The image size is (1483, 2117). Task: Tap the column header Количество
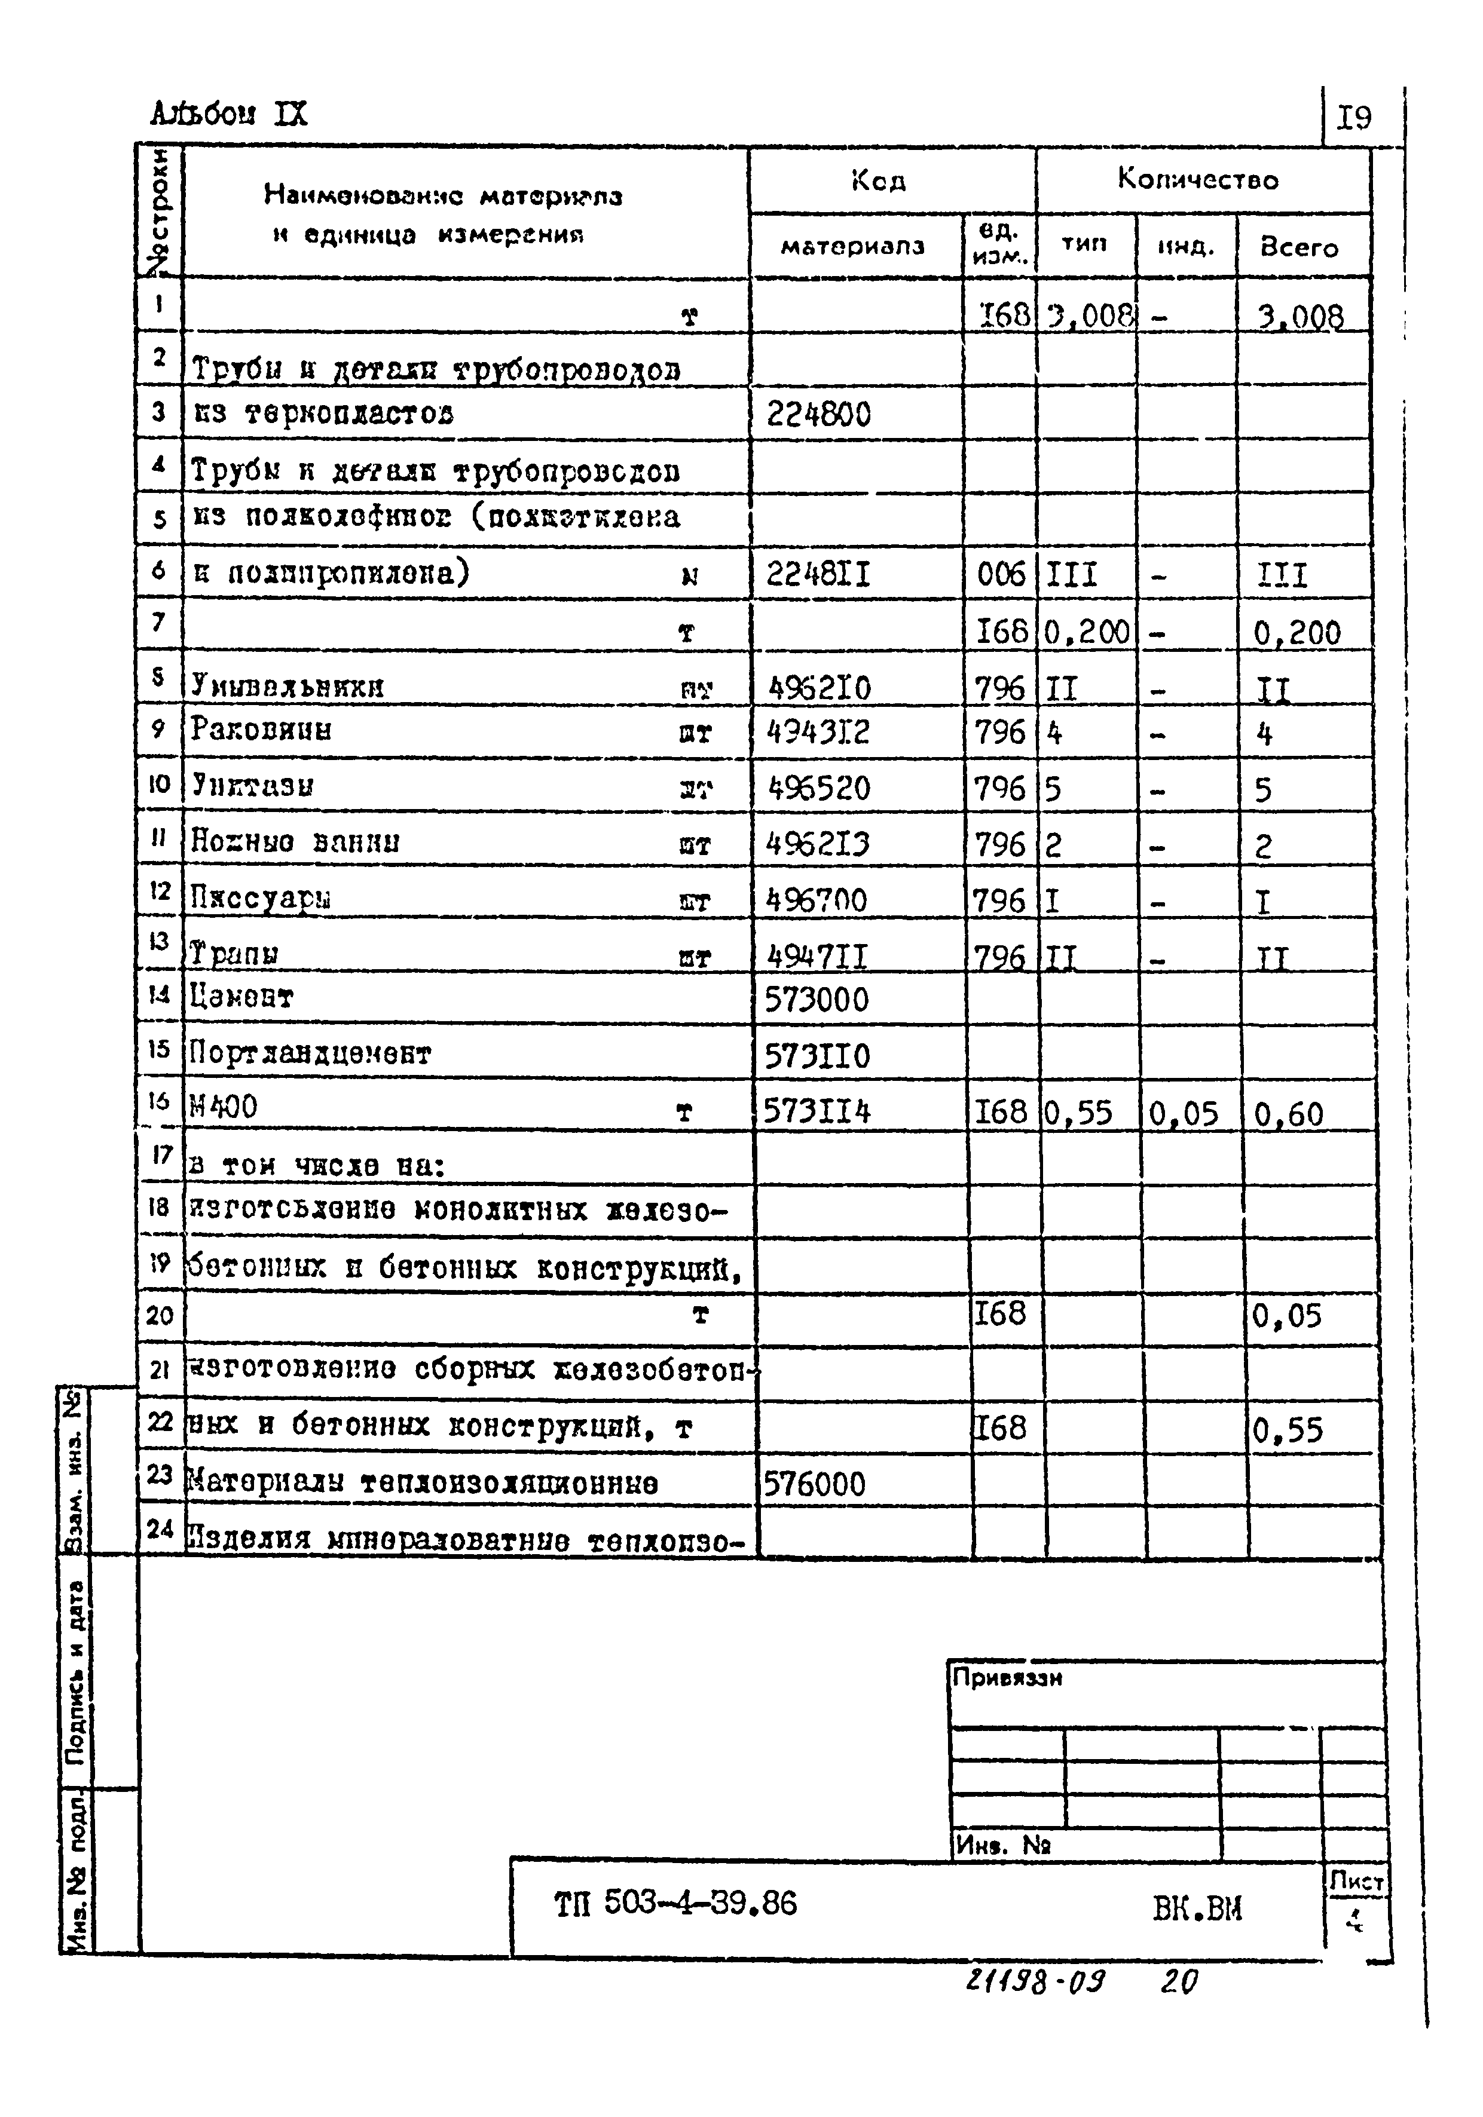[x=1197, y=179]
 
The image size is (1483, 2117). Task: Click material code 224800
[x=818, y=415]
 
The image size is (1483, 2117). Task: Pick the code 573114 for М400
[x=817, y=1112]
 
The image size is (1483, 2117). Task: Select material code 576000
[x=814, y=1484]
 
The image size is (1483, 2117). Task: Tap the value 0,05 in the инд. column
[x=1184, y=1114]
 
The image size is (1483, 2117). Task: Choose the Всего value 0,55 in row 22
[x=1288, y=1430]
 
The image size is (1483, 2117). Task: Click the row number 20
[x=160, y=1315]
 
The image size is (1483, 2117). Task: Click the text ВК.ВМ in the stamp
[x=1197, y=1907]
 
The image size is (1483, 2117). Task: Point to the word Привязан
[x=1007, y=1678]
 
